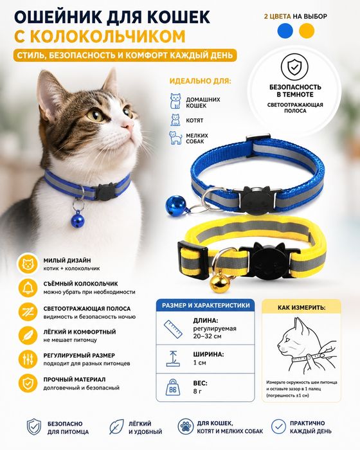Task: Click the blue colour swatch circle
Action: [285, 31]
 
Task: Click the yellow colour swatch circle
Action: [306, 31]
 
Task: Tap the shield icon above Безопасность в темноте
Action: [294, 67]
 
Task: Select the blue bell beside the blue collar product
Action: [172, 206]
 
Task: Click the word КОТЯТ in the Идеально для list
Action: [194, 121]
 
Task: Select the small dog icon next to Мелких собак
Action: [175, 138]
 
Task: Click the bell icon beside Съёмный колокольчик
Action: [28, 288]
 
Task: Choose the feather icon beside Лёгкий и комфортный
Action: [28, 336]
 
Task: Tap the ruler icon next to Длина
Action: [173, 329]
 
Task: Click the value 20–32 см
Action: [207, 336]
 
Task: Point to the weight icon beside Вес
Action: [173, 387]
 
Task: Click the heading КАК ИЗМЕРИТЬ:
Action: [301, 308]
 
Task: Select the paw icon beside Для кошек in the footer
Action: [185, 426]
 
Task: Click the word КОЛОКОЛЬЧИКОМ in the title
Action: [107, 37]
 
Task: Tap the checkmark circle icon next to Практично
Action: [278, 426]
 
